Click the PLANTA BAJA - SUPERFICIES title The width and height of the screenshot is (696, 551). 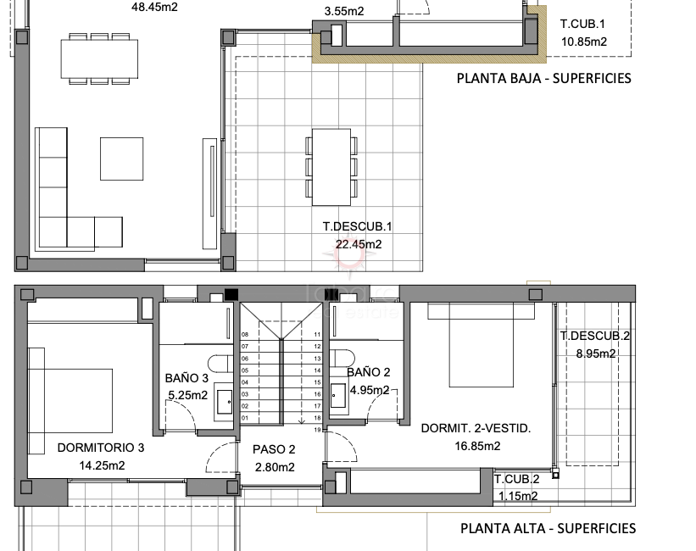click(543, 78)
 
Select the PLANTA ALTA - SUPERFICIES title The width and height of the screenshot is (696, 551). click(548, 528)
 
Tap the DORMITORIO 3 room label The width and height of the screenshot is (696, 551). click(101, 448)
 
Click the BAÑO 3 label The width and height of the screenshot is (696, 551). click(187, 378)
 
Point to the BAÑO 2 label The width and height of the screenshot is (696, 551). click(368, 372)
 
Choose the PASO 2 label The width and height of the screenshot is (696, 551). click(274, 449)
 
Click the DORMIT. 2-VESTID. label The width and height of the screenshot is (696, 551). click(476, 428)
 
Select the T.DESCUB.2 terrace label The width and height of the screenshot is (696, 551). click(594, 336)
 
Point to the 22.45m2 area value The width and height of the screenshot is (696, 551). click(359, 244)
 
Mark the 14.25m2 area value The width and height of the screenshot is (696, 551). click(101, 465)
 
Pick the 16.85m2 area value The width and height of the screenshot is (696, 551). click(476, 445)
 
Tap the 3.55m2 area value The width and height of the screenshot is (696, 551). click(344, 11)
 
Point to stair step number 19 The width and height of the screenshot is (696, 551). click(316, 430)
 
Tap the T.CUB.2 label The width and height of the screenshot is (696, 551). click(517, 480)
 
